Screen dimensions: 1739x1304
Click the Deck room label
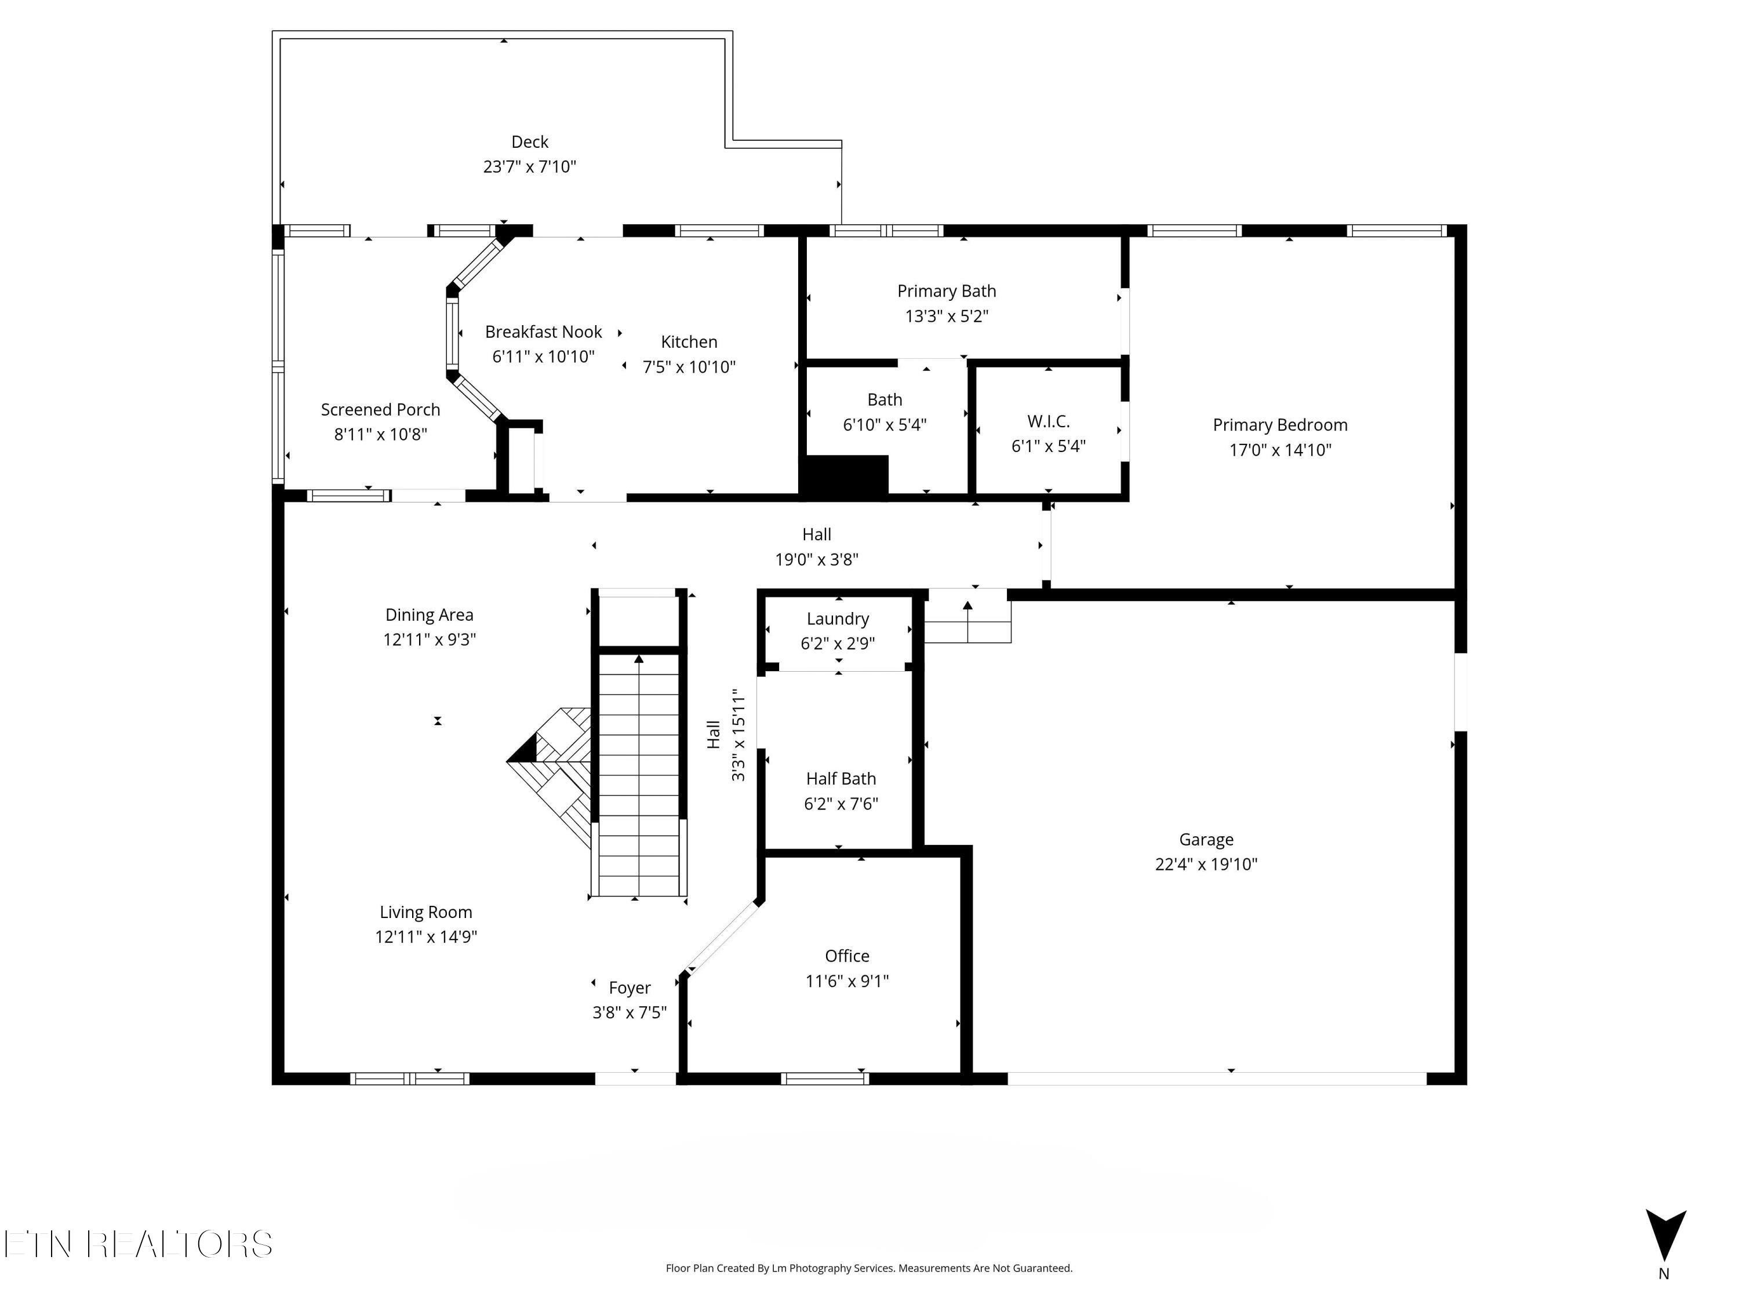(529, 142)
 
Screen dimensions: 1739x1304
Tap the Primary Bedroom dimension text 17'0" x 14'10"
(1280, 450)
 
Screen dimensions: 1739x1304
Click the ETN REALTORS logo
(139, 1244)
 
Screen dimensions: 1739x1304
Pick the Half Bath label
(841, 779)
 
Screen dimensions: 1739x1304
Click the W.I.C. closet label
(1048, 421)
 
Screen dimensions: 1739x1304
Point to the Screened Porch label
(380, 410)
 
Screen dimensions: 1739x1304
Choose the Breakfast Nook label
(543, 332)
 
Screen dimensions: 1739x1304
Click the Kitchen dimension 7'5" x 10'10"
(689, 367)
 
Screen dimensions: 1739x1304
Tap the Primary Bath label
(947, 292)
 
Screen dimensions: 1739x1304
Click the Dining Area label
(430, 615)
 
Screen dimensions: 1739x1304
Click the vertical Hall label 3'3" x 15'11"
(726, 735)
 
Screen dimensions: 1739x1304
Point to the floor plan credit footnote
(869, 1268)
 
